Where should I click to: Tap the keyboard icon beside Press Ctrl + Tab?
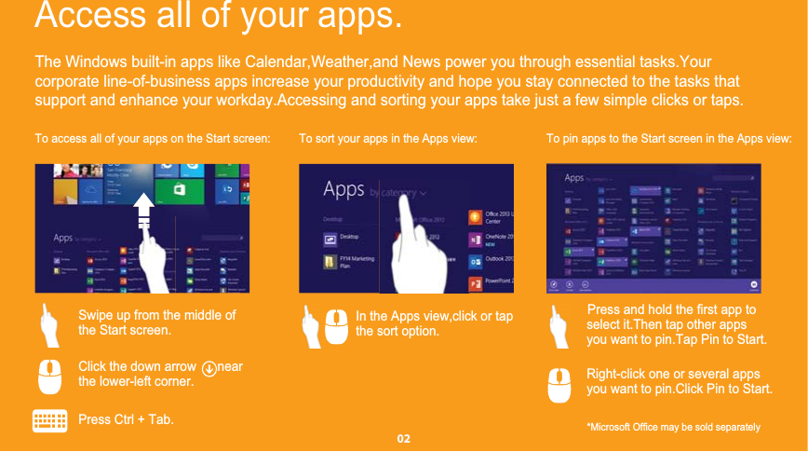pos(49,420)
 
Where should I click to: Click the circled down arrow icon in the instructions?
pos(209,367)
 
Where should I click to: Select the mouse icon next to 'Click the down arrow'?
pos(51,374)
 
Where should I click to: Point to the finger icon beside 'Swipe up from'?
pos(51,323)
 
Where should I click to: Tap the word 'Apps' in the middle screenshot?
pos(343,190)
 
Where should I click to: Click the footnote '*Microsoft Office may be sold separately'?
pos(673,427)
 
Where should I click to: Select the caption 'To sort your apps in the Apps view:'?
pos(387,139)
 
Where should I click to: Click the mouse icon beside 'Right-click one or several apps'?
pos(559,385)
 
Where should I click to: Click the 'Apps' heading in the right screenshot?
pos(574,177)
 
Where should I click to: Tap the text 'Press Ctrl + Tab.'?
pos(126,419)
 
